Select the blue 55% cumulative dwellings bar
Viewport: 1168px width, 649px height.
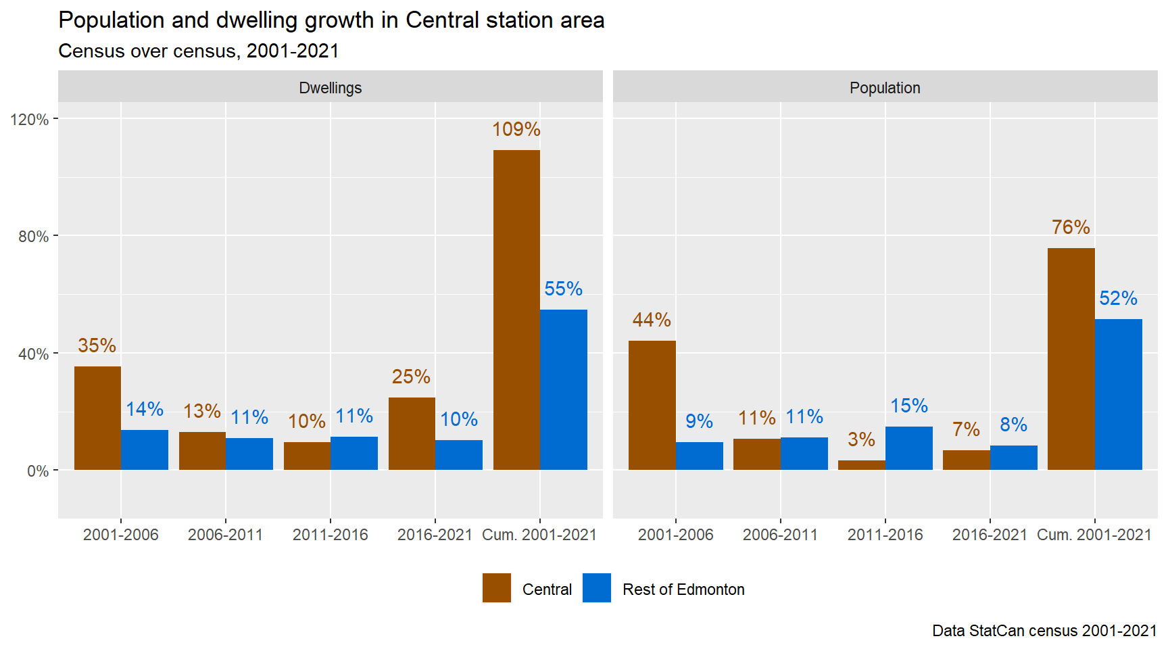pos(564,389)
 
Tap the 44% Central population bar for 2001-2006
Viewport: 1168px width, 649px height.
pos(652,405)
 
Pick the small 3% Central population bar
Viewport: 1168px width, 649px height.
pos(861,465)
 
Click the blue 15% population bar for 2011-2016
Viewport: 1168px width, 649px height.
pos(908,448)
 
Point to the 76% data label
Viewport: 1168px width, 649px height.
pos(1071,227)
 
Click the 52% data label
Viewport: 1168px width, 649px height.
pos(1118,298)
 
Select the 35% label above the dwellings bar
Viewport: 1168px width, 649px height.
pos(97,345)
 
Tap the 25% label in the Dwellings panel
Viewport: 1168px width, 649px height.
pos(411,377)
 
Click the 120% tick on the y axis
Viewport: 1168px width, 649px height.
pos(30,120)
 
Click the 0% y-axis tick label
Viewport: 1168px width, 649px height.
pos(38,471)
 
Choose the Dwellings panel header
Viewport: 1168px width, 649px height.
pos(330,88)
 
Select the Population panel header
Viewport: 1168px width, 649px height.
pos(885,88)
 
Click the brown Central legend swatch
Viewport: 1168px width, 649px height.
pos(497,588)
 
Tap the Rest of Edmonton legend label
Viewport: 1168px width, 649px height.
pos(683,590)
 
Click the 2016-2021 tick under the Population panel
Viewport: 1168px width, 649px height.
pos(990,535)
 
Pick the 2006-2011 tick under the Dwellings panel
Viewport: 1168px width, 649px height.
pos(225,535)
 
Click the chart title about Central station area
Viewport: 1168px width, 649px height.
pos(331,20)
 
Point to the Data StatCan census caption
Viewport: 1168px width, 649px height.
pos(1044,631)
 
